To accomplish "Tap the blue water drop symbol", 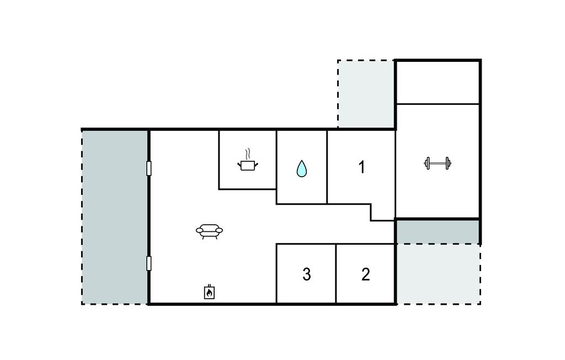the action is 302,168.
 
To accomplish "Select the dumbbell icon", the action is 438,163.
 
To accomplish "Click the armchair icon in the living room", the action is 209,231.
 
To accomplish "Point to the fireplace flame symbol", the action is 209,292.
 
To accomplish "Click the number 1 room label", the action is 362,167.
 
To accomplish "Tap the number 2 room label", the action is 365,274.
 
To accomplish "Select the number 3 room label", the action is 307,274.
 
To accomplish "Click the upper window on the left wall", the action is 149,168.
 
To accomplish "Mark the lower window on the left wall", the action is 149,263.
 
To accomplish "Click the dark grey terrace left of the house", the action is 115,217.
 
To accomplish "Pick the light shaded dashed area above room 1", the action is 366,94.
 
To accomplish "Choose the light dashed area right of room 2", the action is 439,274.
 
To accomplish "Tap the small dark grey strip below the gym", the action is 438,231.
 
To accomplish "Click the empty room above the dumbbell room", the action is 438,83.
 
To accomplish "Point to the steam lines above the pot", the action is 247,155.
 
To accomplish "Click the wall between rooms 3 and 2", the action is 336,273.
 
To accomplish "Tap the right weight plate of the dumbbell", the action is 448,163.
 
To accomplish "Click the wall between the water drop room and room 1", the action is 327,167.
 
